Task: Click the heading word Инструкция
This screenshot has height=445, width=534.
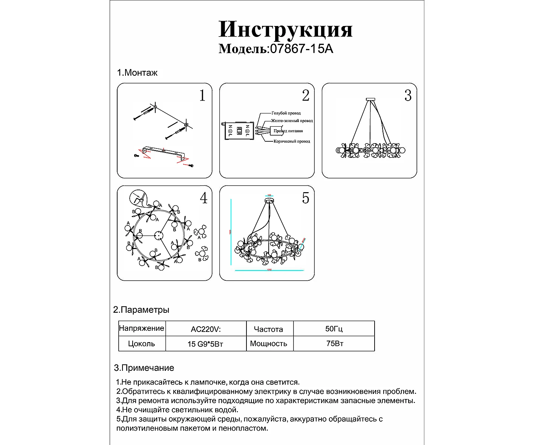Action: click(x=285, y=29)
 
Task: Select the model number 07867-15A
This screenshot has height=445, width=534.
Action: click(x=301, y=49)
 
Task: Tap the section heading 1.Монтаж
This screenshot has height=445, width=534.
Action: click(x=137, y=73)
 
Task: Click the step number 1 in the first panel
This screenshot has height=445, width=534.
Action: click(x=202, y=96)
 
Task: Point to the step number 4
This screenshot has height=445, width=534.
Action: click(x=204, y=198)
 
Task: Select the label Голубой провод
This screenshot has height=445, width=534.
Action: click(x=286, y=113)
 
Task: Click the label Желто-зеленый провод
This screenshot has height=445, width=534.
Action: click(x=292, y=121)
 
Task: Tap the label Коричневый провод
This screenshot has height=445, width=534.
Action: click(x=292, y=141)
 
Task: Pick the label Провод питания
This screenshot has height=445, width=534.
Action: click(x=288, y=131)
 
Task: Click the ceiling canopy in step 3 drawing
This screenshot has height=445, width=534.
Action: click(x=371, y=99)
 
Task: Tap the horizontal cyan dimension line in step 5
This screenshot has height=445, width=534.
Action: click(x=269, y=271)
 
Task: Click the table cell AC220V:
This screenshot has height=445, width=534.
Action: click(x=206, y=329)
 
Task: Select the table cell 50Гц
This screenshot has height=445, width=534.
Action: click(x=334, y=329)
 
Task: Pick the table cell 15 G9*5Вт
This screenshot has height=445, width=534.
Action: click(x=205, y=344)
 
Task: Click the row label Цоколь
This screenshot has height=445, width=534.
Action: click(x=142, y=344)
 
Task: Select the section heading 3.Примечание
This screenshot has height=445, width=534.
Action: click(x=144, y=368)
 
